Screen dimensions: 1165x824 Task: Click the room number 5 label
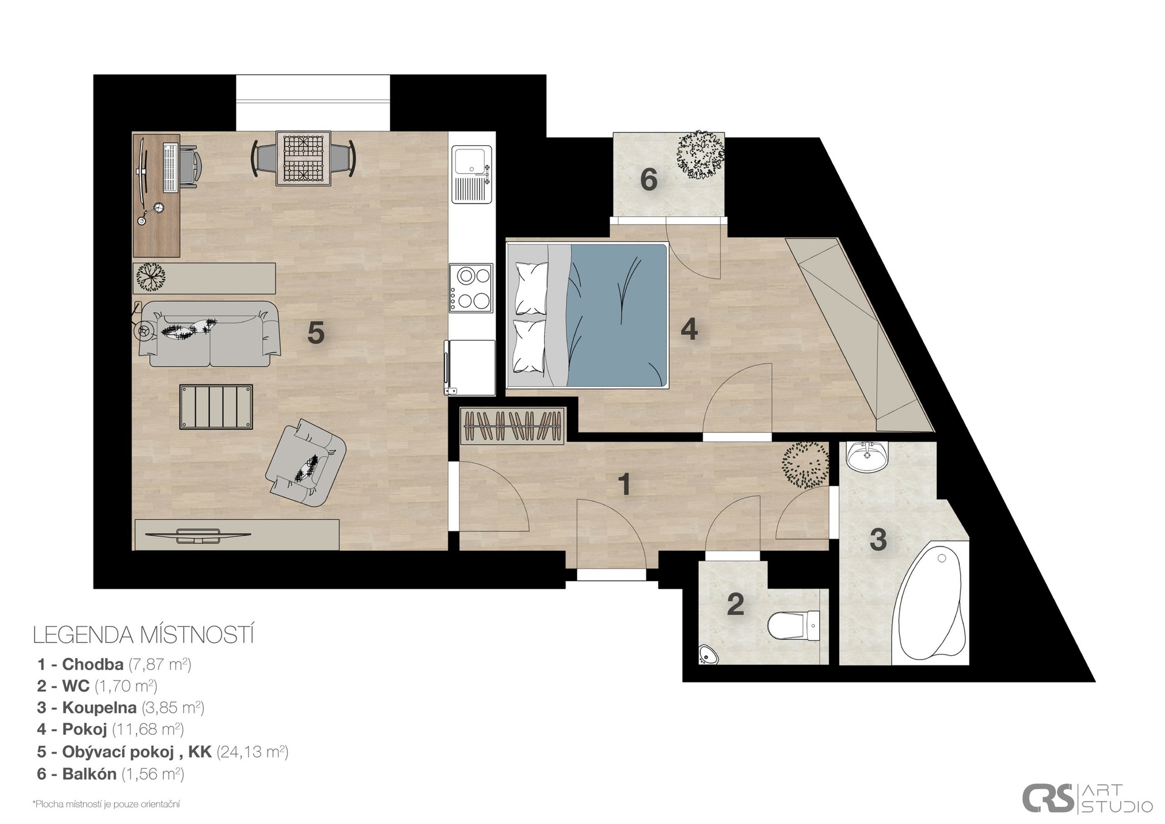click(x=316, y=333)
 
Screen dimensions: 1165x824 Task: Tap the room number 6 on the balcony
click(x=649, y=180)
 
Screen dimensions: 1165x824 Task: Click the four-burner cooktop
click(x=471, y=288)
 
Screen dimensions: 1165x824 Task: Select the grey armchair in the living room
click(x=306, y=463)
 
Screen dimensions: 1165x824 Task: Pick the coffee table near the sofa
click(x=216, y=407)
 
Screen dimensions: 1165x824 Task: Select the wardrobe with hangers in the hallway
click(x=513, y=425)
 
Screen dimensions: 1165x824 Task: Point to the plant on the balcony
click(x=701, y=155)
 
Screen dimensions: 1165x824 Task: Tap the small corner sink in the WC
click(x=707, y=654)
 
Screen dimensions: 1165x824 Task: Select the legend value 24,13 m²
click(x=252, y=752)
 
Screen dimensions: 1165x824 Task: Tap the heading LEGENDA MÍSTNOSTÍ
click(x=143, y=636)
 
